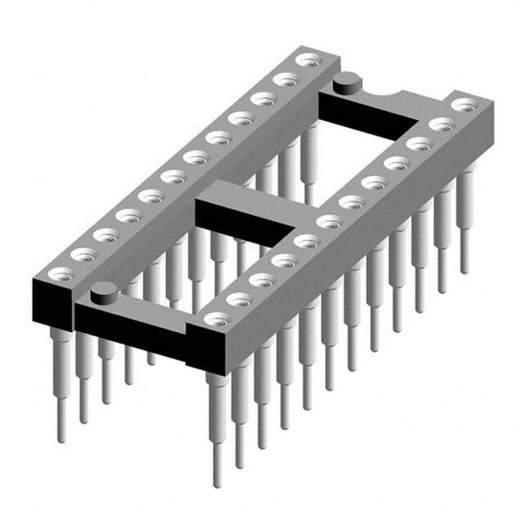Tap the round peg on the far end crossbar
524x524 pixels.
tap(348, 80)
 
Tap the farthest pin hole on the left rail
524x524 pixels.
tap(308, 60)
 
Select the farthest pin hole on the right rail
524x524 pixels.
tap(466, 105)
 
